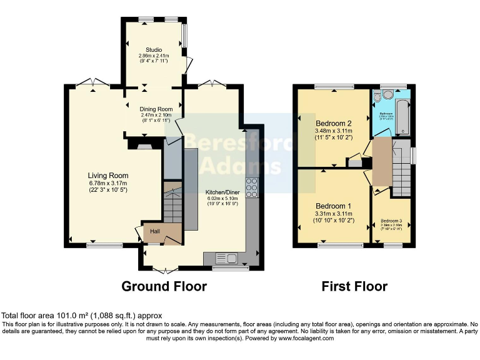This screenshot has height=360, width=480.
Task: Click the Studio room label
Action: (x=154, y=49)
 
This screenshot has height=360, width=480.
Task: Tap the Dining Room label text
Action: (x=154, y=108)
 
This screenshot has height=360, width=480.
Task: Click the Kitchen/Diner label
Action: (x=223, y=192)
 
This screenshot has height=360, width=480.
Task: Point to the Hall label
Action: (x=154, y=231)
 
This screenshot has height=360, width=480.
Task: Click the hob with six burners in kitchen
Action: (x=252, y=187)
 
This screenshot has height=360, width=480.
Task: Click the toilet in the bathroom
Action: (x=386, y=95)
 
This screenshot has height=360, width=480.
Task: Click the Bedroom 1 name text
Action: (x=333, y=206)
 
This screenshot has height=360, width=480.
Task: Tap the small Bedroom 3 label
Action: (x=391, y=221)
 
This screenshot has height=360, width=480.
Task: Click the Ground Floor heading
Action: (x=164, y=286)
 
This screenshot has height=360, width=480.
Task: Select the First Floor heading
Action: (x=354, y=286)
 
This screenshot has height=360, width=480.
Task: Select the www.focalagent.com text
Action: (x=302, y=338)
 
